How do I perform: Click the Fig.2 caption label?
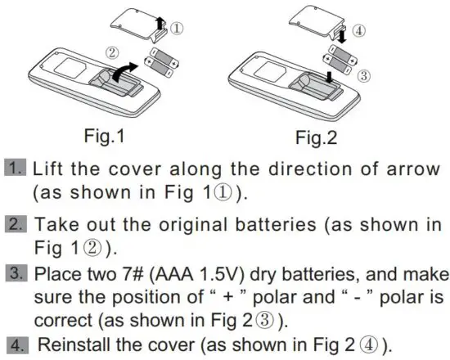click(315, 135)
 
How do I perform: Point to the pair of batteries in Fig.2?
click(343, 61)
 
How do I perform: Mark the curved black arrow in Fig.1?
click(128, 69)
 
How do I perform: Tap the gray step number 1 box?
click(17, 169)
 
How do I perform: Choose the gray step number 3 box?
click(17, 272)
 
